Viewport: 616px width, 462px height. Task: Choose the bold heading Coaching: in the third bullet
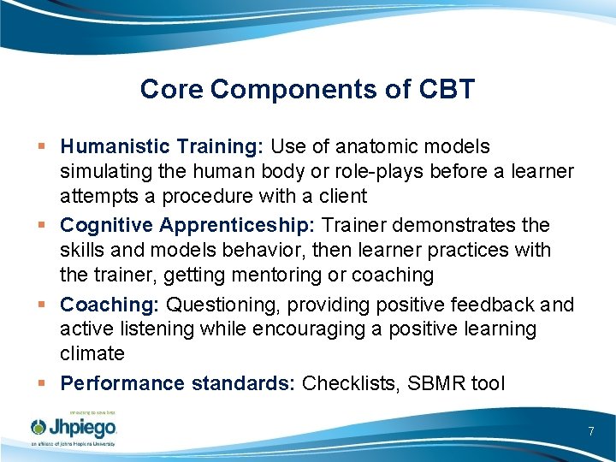coord(110,305)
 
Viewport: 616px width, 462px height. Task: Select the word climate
coord(92,353)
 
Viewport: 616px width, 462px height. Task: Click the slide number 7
coord(590,431)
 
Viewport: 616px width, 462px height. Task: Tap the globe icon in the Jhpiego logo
coord(39,427)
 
